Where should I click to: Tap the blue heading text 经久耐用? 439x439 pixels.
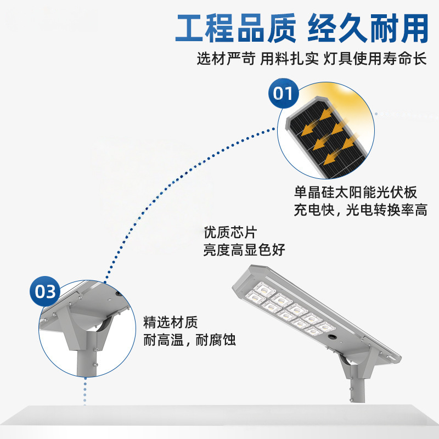coord(367,29)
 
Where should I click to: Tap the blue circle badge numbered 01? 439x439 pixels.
coord(283,94)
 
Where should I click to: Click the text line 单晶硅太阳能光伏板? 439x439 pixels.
coord(356,193)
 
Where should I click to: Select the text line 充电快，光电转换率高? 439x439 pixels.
coord(361,210)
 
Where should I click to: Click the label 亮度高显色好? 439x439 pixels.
coord(244,250)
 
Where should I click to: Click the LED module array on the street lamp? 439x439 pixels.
coord(285,310)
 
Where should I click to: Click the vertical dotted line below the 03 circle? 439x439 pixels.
coord(85,392)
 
